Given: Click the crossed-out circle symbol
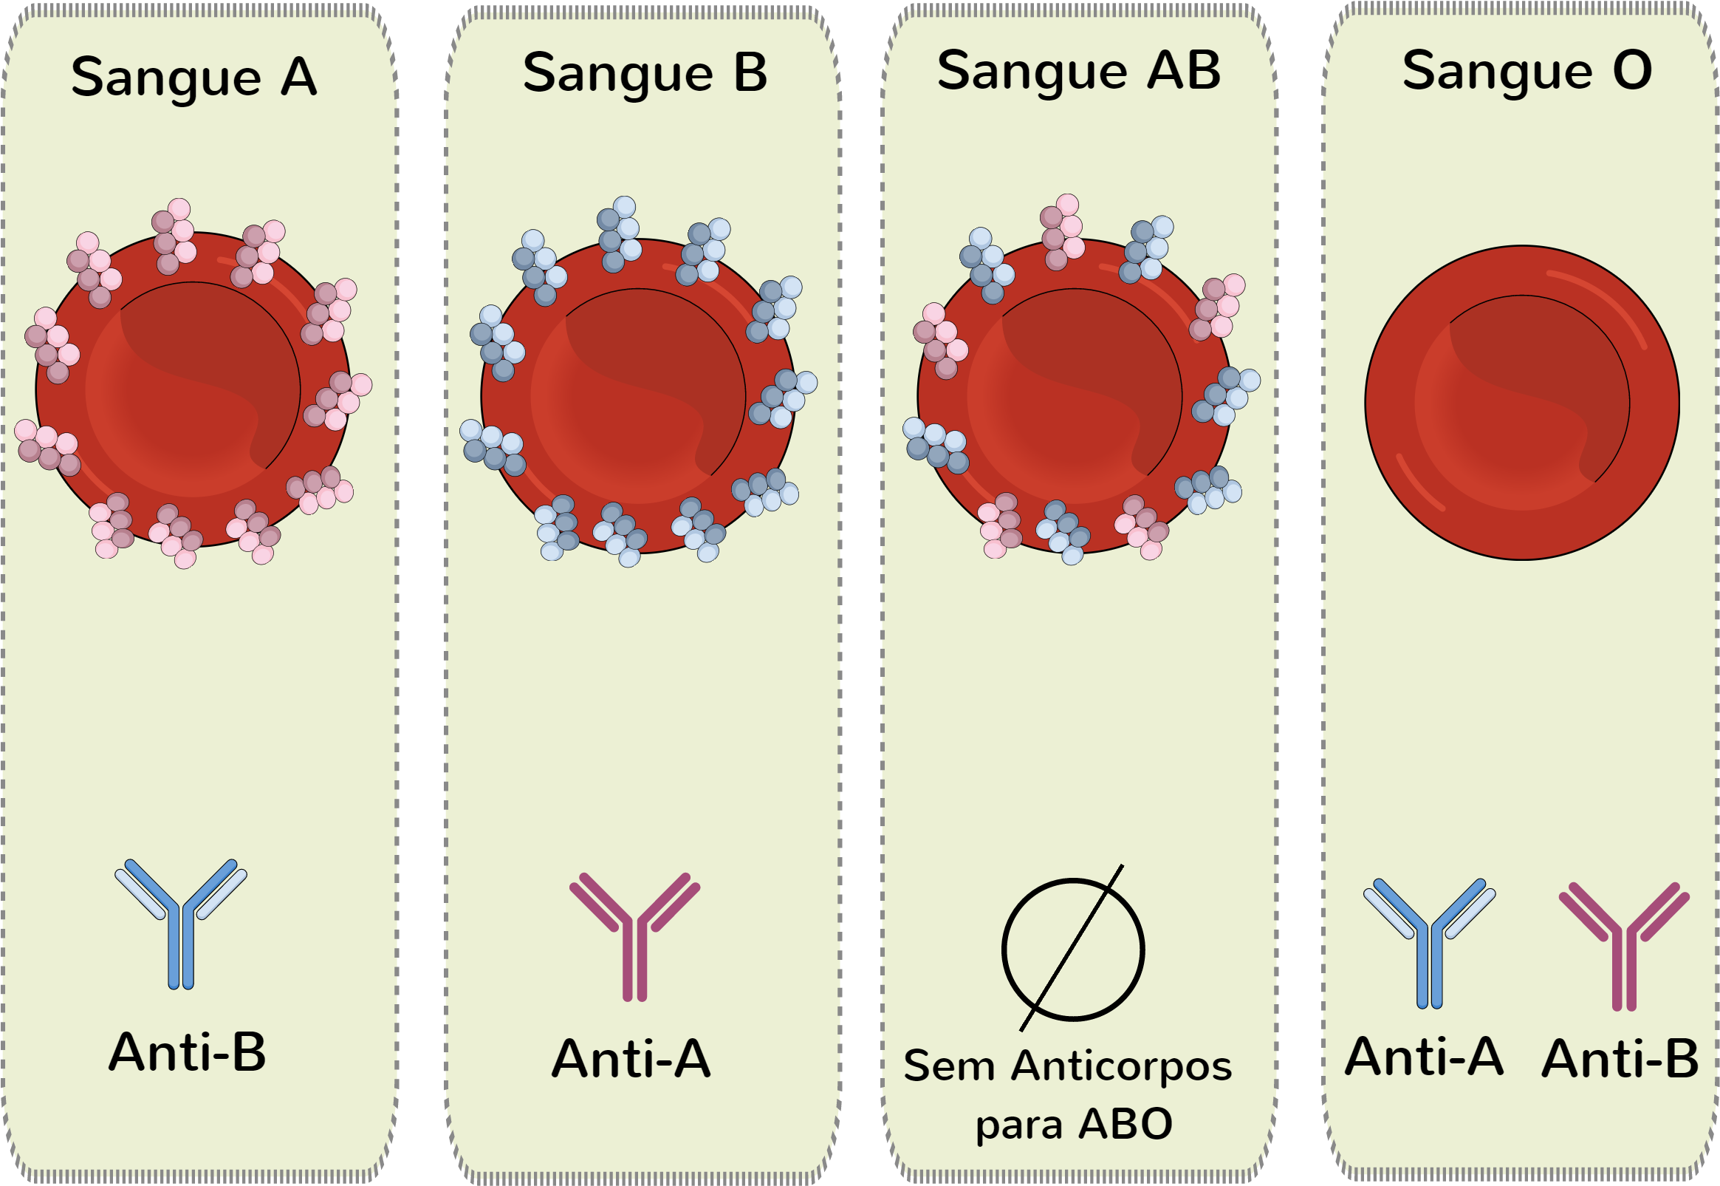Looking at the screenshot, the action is pos(1073,949).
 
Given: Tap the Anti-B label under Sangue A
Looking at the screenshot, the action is pos(187,1052).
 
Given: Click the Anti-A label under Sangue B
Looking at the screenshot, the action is pos(631,1058).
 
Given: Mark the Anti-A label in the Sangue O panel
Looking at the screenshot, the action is pos(1425,1056).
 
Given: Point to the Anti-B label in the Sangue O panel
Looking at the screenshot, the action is pos(1620,1058).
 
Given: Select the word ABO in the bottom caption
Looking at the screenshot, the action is pos(1125,1124).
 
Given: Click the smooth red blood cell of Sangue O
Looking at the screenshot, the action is pos(1522,402).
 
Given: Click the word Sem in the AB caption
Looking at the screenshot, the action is pos(948,1066).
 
